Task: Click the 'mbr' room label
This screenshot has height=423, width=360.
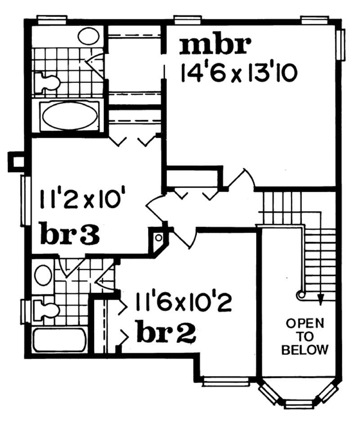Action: [215, 46]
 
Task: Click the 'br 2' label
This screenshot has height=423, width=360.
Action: [166, 333]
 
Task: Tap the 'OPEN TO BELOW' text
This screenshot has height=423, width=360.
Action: [305, 336]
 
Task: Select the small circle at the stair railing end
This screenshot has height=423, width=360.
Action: [300, 295]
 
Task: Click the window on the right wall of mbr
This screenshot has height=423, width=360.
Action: [342, 44]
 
